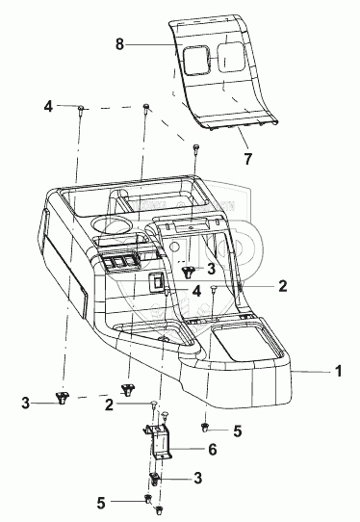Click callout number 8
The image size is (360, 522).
119,44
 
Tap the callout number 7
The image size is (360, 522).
248,159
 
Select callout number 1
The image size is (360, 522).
339,371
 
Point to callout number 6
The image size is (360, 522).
213,450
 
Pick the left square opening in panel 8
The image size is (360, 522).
196,60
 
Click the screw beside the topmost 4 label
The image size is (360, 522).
81,110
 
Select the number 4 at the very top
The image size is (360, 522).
48,107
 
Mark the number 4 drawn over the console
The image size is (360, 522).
197,291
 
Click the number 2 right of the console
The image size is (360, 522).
282,286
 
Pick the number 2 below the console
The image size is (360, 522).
109,405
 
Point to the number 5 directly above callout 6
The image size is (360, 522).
237,431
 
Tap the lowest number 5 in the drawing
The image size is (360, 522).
101,503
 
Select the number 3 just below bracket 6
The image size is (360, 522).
198,478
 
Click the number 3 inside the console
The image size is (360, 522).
211,269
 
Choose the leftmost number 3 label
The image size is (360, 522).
26,404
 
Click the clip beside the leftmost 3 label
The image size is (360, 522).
62,398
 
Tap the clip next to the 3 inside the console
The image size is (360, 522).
189,272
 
